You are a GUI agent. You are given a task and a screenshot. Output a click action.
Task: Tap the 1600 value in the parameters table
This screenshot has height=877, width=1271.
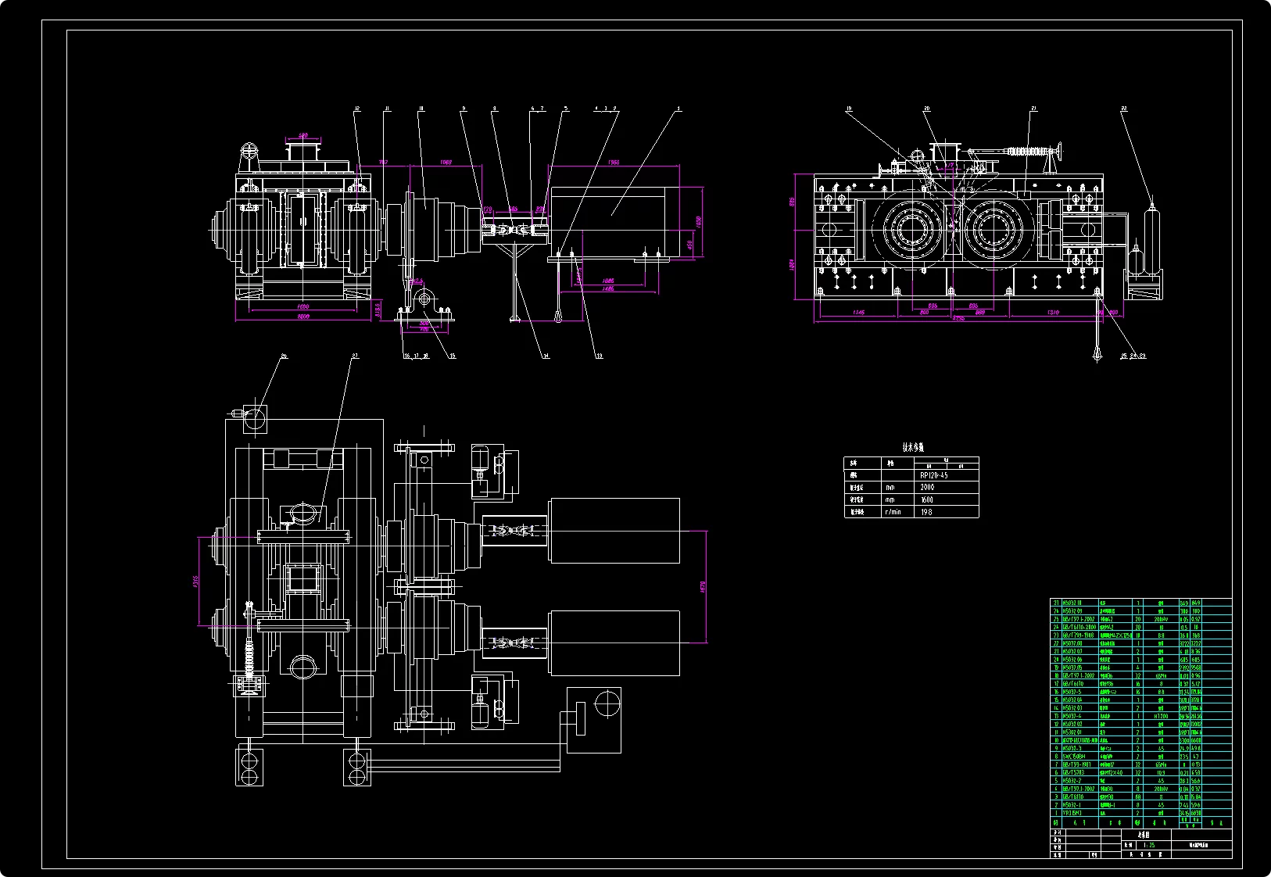[927, 499]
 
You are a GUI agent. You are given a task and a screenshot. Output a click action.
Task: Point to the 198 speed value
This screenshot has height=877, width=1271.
[927, 512]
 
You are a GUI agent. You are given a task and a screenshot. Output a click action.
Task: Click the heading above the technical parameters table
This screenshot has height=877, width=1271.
[912, 448]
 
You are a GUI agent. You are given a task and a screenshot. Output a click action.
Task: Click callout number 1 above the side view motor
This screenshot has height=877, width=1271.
[678, 109]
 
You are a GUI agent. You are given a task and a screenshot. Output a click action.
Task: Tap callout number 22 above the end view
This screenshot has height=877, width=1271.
[1124, 109]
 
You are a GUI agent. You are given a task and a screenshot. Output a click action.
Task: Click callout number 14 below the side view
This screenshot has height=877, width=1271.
[546, 356]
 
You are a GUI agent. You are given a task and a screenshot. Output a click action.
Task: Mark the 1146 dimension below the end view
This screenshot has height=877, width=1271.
[857, 313]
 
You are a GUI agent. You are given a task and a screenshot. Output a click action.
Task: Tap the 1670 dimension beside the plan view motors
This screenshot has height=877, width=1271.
[703, 586]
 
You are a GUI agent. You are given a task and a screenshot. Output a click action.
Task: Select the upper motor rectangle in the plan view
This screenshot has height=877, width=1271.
[614, 530]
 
